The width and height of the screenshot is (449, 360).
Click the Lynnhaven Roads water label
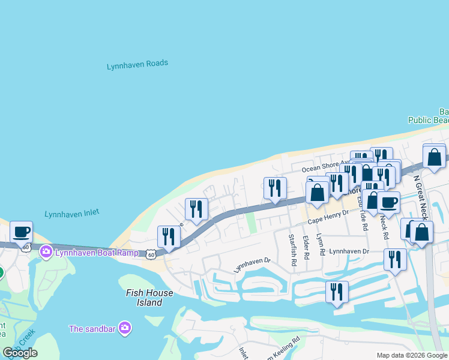click(137, 65)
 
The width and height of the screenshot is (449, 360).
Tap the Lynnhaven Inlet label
click(71, 213)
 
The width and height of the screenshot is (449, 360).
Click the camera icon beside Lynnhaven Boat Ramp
click(46, 253)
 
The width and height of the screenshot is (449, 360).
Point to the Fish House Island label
click(149, 298)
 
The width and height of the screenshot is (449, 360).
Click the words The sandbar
click(93, 328)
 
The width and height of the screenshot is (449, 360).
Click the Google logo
click(20, 353)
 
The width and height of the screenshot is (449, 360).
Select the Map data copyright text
click(412, 355)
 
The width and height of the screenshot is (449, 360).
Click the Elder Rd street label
click(306, 248)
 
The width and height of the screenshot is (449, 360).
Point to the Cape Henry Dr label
click(328, 221)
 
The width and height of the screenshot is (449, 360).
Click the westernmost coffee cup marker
click(22, 232)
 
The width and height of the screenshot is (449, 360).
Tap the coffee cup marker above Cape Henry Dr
click(388, 203)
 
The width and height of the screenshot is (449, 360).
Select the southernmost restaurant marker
click(337, 292)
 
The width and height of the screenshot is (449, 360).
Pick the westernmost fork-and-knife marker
click(169, 237)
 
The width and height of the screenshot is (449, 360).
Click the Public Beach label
click(428, 120)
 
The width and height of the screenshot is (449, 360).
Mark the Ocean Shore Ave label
click(325, 169)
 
